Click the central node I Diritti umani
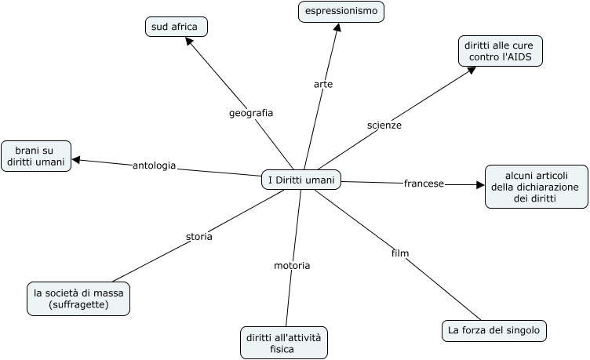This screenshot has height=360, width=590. coord(301,180)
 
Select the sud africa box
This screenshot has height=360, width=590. coord(177,27)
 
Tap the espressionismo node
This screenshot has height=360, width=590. coord(341,11)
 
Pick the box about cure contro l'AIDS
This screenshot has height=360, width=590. coord(501,51)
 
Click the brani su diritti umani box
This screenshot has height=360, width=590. coord(36,155)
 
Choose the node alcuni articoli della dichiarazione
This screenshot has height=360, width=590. coord(536,187)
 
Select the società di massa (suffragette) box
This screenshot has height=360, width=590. coord(78,299)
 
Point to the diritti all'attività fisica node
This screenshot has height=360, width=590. coord(283,343)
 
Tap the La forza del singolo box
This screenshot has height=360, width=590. coord(493,330)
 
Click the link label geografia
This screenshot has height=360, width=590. coord(251,113)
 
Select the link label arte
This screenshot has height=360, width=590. coord(323,84)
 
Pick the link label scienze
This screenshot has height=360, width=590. coord(384,125)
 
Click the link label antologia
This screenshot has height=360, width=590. coord(154,165)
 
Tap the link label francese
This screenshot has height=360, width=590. coord(424,184)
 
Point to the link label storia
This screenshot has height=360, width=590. coord(198,236)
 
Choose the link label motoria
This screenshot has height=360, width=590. coord(292,265)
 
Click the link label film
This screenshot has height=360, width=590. coord(400,253)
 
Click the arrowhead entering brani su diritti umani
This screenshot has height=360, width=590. coord(77,160)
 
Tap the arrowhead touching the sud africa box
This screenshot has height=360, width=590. coord(189,41)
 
